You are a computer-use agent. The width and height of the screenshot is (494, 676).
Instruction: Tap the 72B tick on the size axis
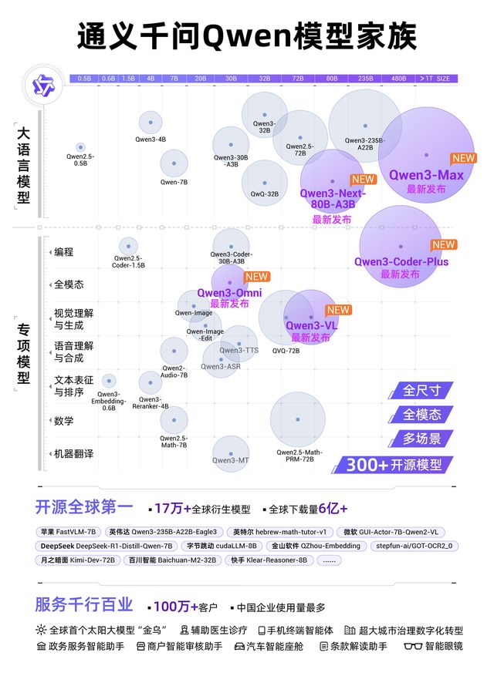(297, 79)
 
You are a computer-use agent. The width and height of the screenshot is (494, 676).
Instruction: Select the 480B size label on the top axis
(398, 79)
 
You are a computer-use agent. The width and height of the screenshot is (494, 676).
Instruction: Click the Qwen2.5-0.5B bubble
(80, 147)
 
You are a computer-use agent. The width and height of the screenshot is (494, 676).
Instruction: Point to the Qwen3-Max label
(426, 175)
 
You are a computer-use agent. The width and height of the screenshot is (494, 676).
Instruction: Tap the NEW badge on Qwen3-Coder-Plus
(443, 244)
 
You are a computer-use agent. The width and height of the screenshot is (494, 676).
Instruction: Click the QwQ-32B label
(265, 194)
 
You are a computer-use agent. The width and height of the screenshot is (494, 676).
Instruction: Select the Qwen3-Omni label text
(229, 293)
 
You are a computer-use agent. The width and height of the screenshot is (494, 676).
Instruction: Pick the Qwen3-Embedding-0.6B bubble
(109, 380)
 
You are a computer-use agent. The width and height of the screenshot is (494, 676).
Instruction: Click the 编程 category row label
(63, 252)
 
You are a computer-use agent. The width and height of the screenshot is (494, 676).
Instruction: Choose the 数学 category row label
(63, 421)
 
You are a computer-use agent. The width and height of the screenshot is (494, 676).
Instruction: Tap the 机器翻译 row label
(73, 454)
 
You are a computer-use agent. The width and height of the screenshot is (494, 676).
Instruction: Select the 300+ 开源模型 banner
(394, 465)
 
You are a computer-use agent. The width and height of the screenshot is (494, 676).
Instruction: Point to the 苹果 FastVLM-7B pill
(69, 532)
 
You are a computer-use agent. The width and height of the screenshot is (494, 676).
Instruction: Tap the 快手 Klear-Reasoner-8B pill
(268, 560)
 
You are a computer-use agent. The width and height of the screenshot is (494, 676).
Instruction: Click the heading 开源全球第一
(83, 508)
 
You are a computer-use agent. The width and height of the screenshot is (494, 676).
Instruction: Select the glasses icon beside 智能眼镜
(413, 646)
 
